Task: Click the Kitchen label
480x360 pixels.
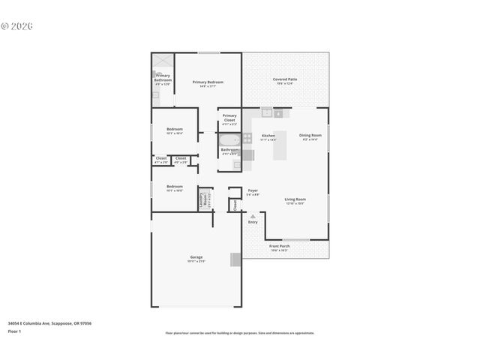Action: pos(268,137)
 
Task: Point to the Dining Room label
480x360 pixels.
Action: pos(310,136)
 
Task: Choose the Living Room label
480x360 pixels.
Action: pos(295,200)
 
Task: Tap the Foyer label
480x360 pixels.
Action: pos(253,191)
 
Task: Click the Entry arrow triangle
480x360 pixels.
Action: pos(253,216)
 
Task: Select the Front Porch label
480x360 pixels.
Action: pos(279,247)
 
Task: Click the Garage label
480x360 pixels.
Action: pos(196,258)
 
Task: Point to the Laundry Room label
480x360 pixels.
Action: pos(202,199)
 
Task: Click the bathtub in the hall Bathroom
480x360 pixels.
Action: pos(229,139)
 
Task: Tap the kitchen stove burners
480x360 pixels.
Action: pos(247,137)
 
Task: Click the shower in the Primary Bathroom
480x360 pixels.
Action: pos(163,61)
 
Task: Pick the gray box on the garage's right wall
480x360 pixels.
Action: pos(235,259)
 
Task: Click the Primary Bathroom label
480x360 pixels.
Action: pos(163,77)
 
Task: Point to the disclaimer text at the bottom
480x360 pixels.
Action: pos(240,333)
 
